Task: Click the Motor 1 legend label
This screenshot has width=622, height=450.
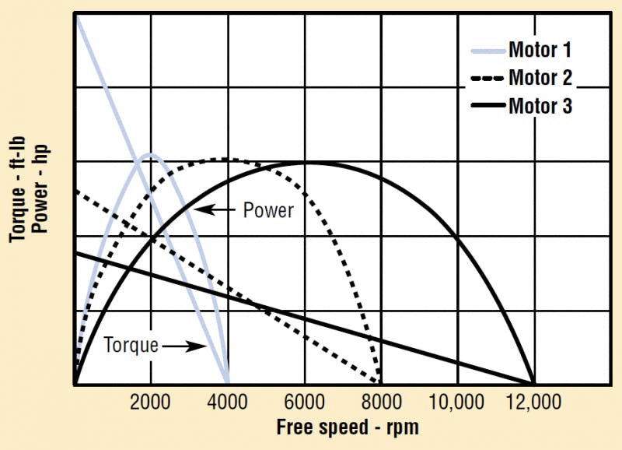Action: click(540, 51)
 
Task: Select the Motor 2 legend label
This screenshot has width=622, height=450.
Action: click(540, 78)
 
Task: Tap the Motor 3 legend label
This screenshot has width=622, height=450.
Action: click(540, 105)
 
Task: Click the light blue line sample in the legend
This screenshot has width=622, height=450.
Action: click(487, 52)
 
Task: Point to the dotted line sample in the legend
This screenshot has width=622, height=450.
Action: click(487, 79)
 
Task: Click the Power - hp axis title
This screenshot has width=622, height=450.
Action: click(40, 192)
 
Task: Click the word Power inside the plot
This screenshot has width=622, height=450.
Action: click(268, 210)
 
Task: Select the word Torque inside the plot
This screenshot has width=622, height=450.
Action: click(131, 344)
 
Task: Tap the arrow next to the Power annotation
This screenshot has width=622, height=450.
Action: click(215, 209)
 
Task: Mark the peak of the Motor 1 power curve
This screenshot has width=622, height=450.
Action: click(151, 154)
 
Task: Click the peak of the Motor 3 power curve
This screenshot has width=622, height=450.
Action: click(304, 162)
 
